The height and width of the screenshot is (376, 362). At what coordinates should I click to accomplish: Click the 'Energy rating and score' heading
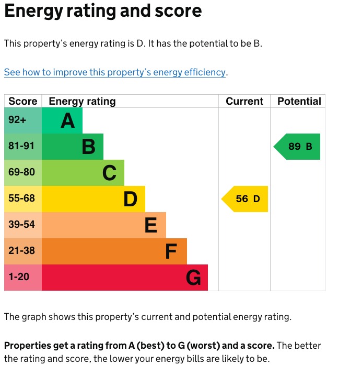coord(103,11)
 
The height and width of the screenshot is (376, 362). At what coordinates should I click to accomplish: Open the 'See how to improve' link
coord(115,72)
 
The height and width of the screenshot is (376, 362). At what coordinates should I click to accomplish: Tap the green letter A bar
coord(62,120)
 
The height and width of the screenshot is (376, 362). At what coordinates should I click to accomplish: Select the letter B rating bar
coord(73,147)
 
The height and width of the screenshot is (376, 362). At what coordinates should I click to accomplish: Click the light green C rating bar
coord(83,173)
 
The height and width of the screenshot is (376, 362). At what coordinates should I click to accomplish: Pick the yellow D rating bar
coord(94,199)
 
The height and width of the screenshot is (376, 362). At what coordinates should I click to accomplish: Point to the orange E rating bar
coord(104,225)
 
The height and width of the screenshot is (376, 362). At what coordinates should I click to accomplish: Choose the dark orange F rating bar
coord(114,251)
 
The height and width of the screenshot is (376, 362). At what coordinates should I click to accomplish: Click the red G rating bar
coord(125,278)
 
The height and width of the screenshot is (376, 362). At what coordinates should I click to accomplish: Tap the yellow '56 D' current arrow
coord(246,199)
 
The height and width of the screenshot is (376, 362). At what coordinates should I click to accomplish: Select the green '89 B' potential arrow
coord(298,147)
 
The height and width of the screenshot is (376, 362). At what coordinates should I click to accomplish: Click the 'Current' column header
coord(244,101)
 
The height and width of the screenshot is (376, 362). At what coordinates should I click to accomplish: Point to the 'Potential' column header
coord(299,101)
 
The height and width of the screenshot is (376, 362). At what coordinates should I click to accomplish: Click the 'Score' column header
coord(23,101)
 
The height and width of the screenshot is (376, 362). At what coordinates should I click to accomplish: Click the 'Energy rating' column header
coord(82,101)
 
